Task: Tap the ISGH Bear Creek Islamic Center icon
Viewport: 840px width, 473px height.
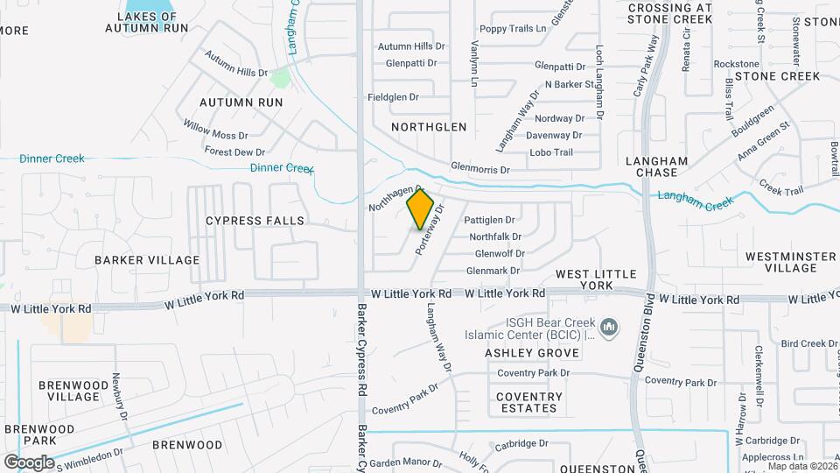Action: click(x=611, y=328)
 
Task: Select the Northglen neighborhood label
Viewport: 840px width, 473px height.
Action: click(x=429, y=127)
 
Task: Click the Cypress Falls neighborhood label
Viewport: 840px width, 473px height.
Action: click(x=255, y=221)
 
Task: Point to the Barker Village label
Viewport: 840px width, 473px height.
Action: click(x=147, y=260)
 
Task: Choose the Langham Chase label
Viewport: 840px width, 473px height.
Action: click(x=656, y=166)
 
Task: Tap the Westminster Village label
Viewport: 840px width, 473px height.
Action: click(x=791, y=262)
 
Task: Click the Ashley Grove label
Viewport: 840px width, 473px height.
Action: click(x=533, y=353)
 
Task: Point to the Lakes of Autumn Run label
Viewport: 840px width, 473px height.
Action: click(x=147, y=22)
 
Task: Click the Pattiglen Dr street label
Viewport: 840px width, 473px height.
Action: click(x=489, y=220)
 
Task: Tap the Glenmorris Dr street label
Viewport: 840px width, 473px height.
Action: click(x=479, y=168)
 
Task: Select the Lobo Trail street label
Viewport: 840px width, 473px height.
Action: click(x=551, y=152)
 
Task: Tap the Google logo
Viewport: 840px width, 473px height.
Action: click(x=29, y=462)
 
